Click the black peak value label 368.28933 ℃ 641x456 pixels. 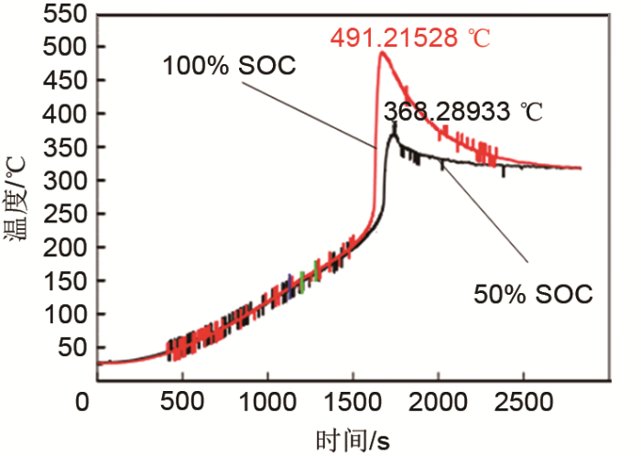462,113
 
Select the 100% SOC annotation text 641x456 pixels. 219,66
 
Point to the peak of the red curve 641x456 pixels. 381,52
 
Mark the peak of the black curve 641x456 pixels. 394,125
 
